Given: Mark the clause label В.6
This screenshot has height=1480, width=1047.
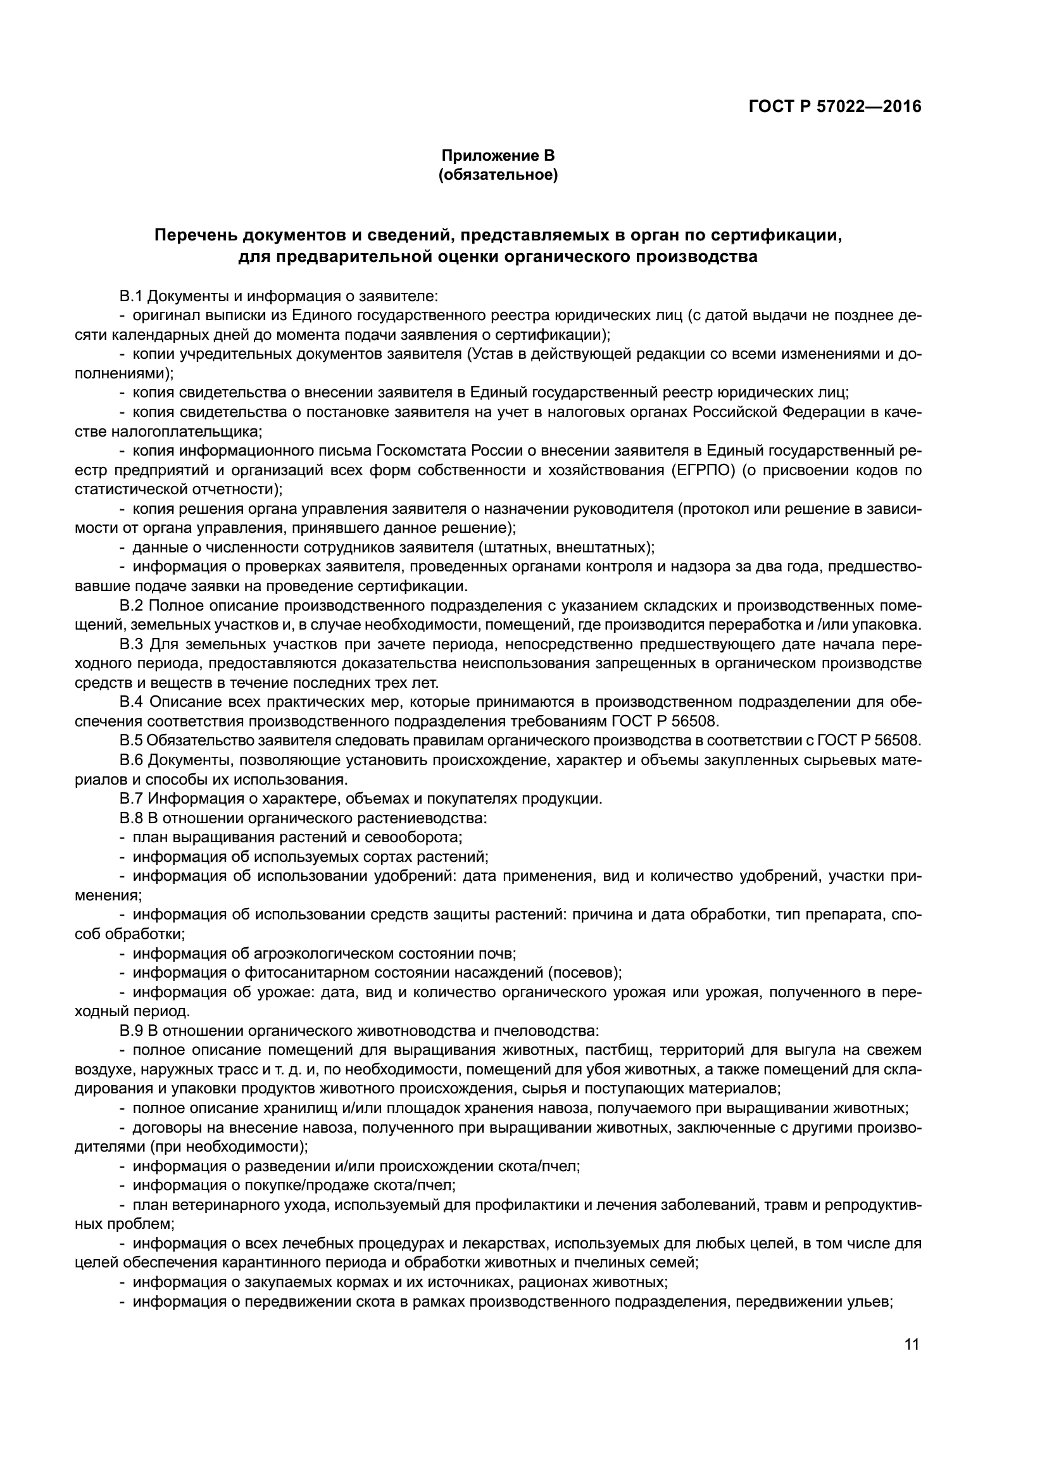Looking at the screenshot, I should click(130, 760).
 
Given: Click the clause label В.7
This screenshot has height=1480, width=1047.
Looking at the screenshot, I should click(130, 799).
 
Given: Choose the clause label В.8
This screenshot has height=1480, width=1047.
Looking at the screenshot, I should click(130, 818).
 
